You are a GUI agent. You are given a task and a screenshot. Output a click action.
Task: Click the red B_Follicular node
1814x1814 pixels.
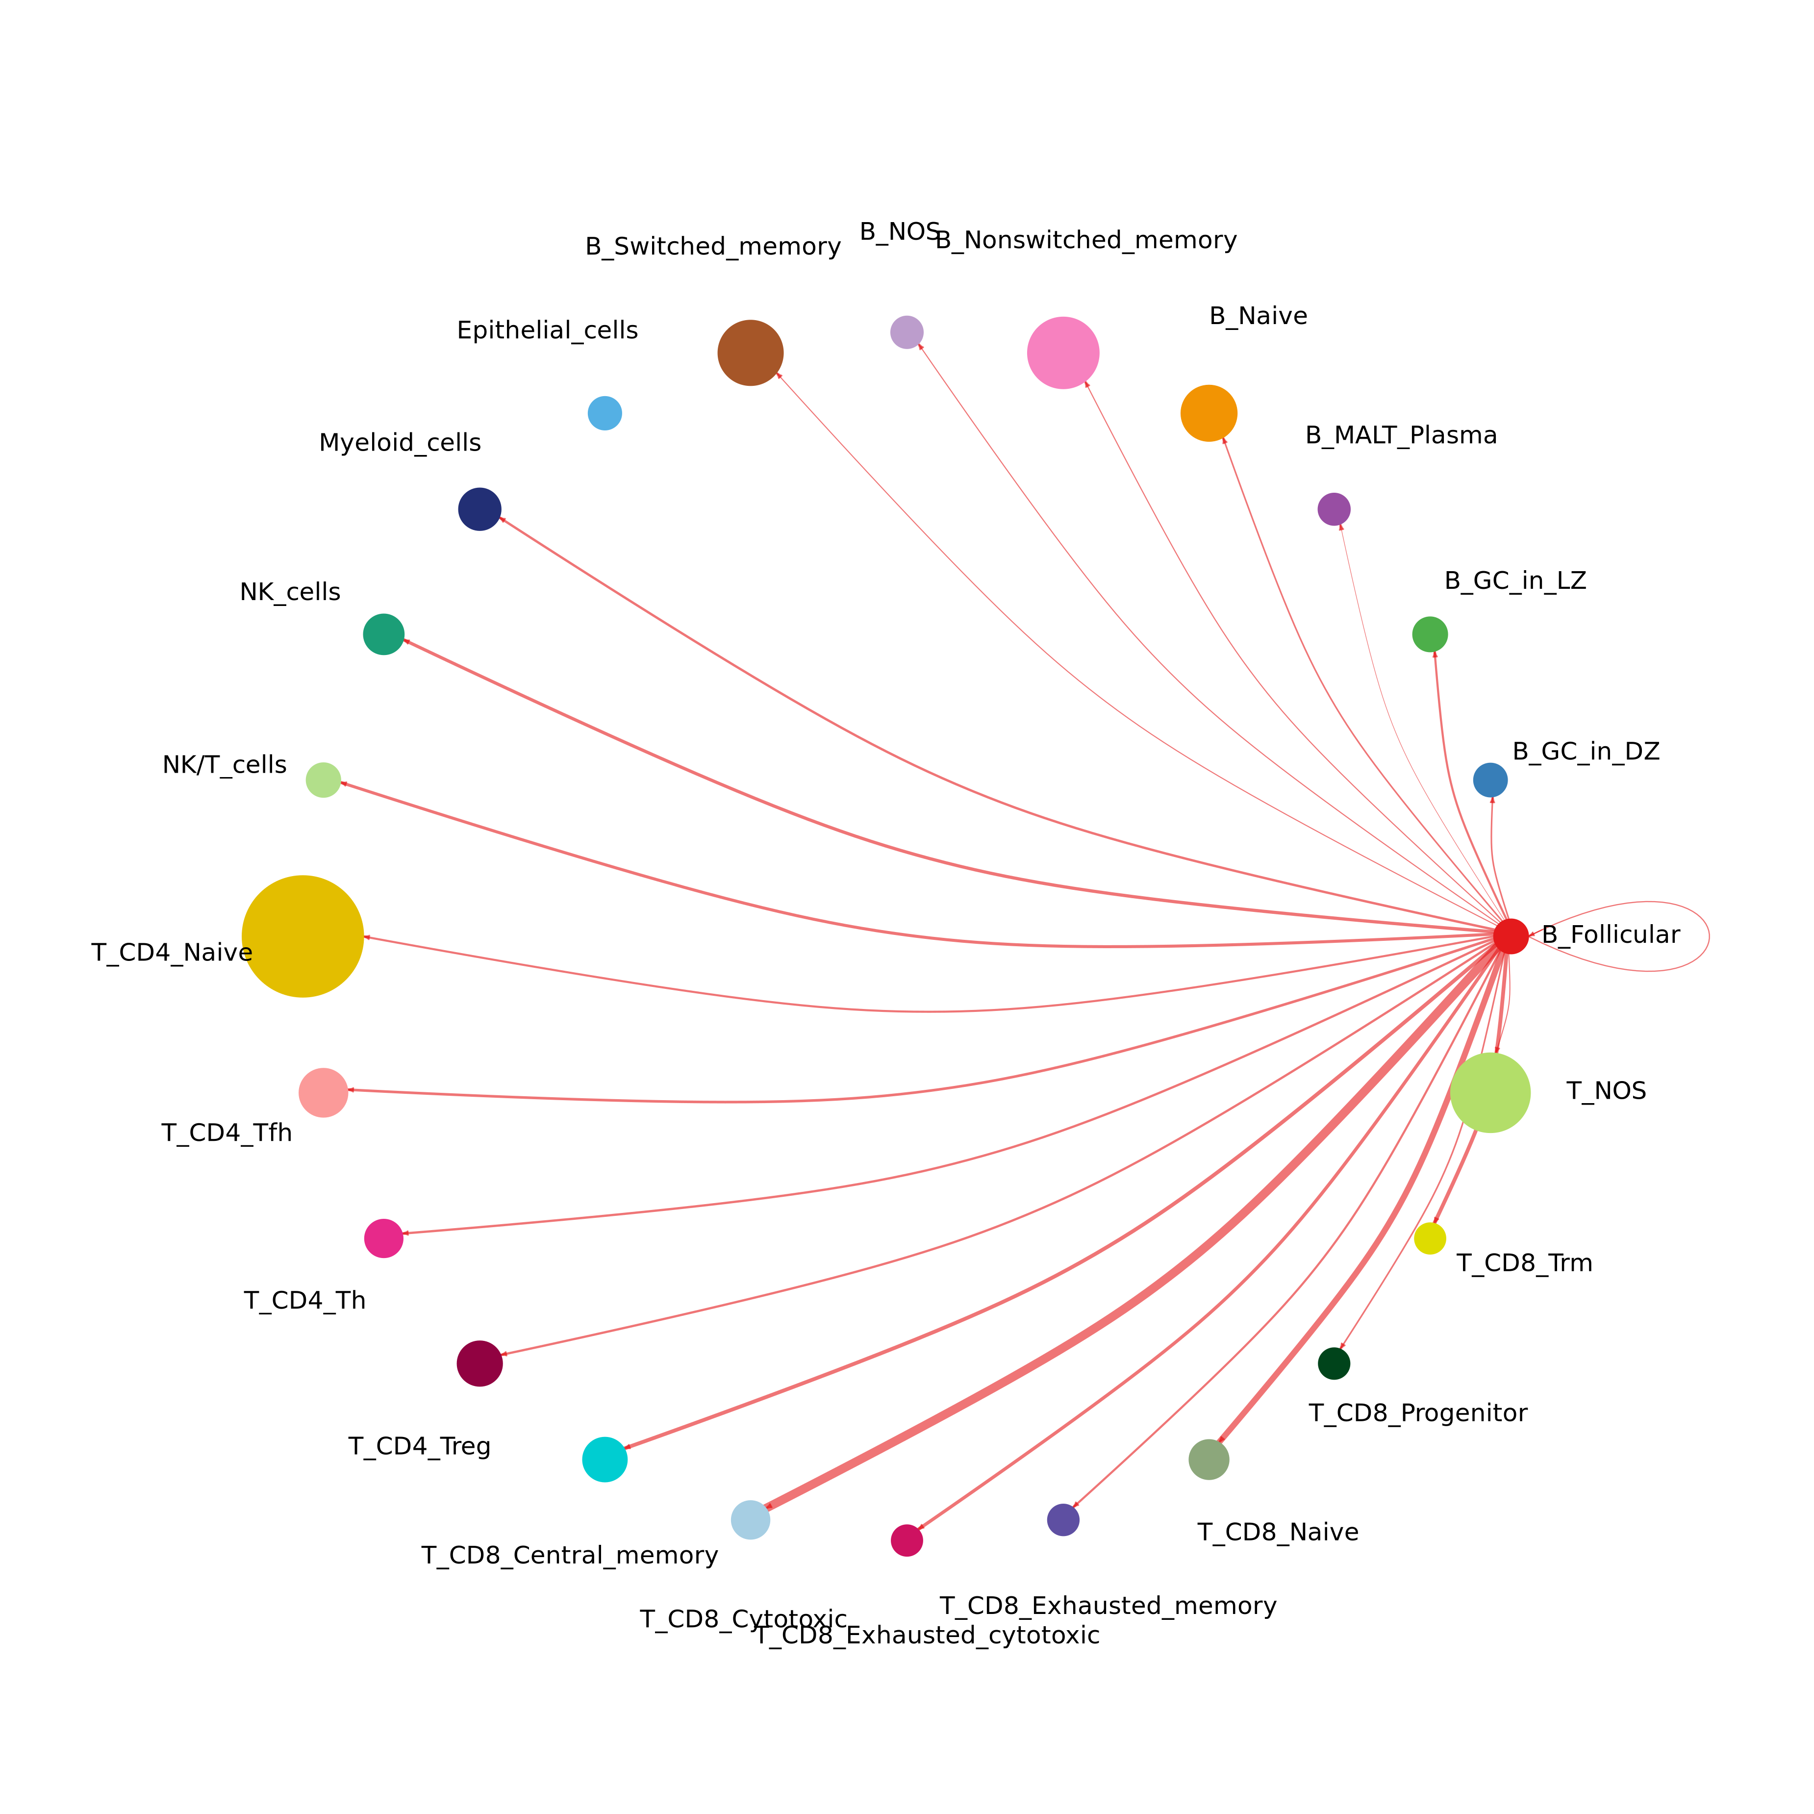(1511, 936)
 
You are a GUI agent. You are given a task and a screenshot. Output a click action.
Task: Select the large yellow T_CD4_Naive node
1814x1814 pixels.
(302, 936)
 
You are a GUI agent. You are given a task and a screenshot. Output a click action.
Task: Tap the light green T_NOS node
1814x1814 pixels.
(1490, 1093)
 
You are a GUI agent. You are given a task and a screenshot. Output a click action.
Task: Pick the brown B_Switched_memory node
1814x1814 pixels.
(750, 353)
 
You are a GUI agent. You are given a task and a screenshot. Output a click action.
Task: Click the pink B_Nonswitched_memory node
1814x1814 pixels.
(1063, 353)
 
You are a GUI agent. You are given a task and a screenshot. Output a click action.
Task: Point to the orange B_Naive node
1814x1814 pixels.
(1209, 413)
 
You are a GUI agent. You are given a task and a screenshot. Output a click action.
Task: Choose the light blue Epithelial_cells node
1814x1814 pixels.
(605, 413)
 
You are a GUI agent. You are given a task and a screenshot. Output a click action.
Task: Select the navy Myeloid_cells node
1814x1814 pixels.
(480, 509)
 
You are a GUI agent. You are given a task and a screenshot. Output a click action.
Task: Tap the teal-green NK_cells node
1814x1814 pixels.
(383, 635)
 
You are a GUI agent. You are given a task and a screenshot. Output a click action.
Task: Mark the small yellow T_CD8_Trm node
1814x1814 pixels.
(1430, 1238)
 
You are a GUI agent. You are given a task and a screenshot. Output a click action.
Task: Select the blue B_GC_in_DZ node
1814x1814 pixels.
(1490, 780)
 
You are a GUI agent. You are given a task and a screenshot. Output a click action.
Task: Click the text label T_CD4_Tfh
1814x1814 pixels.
(227, 1134)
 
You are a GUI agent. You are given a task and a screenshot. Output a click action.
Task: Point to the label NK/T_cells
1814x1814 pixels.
(225, 765)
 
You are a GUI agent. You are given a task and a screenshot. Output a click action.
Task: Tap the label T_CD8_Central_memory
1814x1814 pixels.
(569, 1556)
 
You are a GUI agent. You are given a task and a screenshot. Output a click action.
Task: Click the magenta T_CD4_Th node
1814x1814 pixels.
(383, 1238)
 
